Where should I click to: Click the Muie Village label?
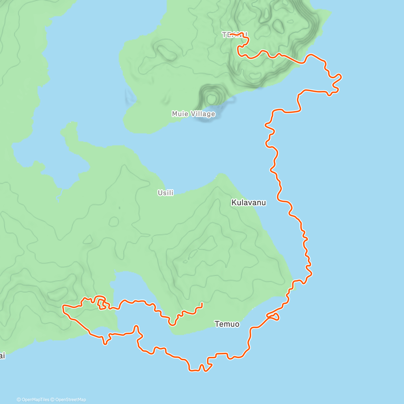point(193,114)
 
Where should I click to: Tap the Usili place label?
point(166,193)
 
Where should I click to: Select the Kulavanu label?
point(248,203)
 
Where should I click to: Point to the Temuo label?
point(227,324)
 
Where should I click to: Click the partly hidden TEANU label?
point(234,35)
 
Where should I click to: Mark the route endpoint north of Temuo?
point(202,304)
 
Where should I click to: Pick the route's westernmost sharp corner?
point(63,306)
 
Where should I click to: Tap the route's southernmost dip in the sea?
point(194,370)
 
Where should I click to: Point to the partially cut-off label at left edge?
point(2,356)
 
